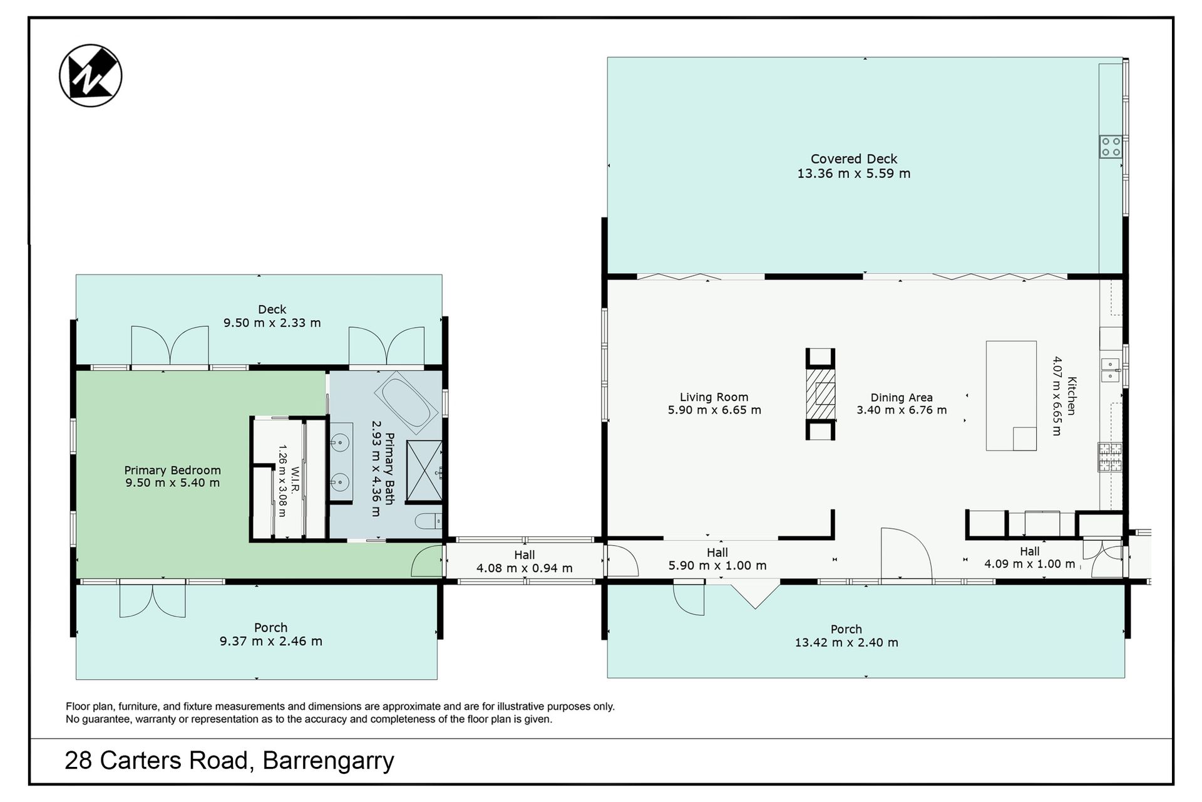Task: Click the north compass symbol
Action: [91, 76]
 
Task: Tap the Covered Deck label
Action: [854, 159]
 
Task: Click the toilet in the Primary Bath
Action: [429, 521]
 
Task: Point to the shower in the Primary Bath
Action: [424, 471]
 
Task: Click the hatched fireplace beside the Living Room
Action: [820, 394]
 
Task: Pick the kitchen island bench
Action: [1011, 395]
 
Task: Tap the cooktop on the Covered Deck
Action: [1111, 147]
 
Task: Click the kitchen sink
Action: [1110, 370]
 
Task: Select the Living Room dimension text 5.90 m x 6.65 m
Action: [714, 410]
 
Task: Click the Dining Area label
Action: [902, 397]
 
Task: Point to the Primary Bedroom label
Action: [172, 470]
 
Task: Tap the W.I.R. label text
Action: [295, 479]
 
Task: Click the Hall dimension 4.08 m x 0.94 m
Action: [525, 568]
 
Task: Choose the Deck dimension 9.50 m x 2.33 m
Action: [272, 323]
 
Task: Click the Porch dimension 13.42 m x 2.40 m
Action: [846, 642]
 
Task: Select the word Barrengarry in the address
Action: [328, 761]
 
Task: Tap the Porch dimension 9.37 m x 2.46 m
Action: [271, 641]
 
